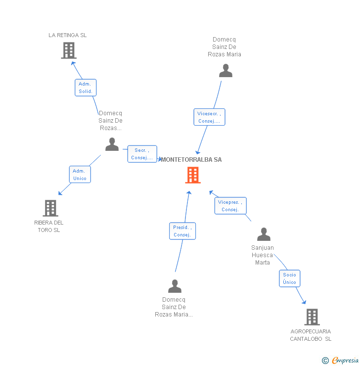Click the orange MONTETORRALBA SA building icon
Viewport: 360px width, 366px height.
pos(193,175)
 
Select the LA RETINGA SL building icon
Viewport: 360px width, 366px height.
pos(69,50)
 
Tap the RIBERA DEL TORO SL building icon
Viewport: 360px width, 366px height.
pos(50,208)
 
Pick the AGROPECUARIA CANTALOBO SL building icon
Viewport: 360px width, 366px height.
pos(312,317)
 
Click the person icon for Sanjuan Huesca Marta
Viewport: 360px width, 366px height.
pos(264,234)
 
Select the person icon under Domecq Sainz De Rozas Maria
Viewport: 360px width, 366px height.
pos(225,71)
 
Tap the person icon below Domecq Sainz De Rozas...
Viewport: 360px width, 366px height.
pos(112,144)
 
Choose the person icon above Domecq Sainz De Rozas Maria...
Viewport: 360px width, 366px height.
pos(175,286)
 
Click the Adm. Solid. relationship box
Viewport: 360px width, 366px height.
pos(86,88)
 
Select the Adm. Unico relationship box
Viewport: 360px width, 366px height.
pos(80,174)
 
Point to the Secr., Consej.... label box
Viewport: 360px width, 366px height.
pos(142,154)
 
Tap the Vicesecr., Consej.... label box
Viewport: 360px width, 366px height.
pos(209,117)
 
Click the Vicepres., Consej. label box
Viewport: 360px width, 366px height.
pos(230,206)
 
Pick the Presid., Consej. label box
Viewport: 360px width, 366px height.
pos(182,231)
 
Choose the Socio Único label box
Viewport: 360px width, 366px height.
pos(290,278)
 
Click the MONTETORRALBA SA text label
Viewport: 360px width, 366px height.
pos(192,159)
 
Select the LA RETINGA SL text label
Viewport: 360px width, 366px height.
pos(68,35)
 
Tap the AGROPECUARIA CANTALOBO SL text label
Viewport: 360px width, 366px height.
pos(311,335)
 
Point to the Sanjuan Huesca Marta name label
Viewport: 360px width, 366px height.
pos(263,255)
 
